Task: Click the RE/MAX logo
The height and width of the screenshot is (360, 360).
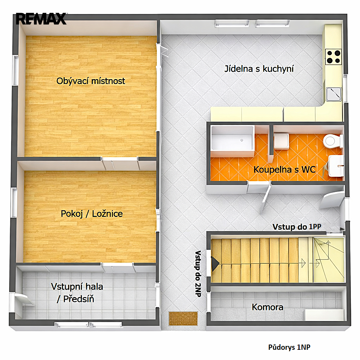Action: pos(41,19)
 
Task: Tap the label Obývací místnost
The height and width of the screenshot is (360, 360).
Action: pos(91,81)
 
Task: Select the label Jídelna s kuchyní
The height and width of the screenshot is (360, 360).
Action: pos(259,69)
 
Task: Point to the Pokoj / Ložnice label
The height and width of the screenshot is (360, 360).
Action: pos(92,214)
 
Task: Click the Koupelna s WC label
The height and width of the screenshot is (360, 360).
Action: pos(284,169)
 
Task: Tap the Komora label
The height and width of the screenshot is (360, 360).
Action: pos(268,307)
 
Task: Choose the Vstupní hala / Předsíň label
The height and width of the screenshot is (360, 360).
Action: pos(77,293)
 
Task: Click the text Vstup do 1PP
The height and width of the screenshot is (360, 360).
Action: pos(297,227)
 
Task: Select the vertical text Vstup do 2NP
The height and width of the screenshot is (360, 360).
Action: pos(198,274)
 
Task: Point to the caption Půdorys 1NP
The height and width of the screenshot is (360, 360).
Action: pos(289,347)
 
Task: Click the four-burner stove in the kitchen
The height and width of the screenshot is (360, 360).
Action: pos(333,57)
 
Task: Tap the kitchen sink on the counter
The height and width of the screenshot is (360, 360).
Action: pos(334,94)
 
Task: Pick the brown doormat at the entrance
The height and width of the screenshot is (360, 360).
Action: pos(183,319)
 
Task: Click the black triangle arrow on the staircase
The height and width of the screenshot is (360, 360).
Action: pos(215,264)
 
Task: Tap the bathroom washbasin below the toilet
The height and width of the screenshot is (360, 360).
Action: pos(336,166)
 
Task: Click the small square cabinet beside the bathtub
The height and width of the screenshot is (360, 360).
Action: pos(281,141)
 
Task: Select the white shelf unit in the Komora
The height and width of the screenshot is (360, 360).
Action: pos(324,315)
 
